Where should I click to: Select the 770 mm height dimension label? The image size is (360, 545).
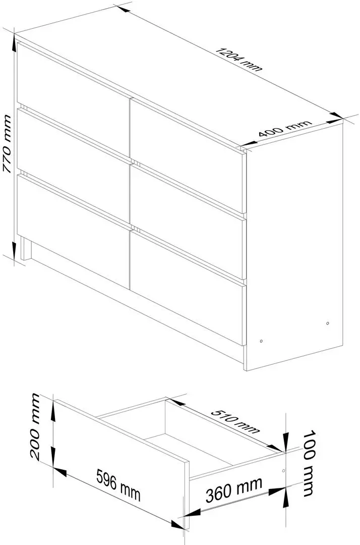[x=8, y=144]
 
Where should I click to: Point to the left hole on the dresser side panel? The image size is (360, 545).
[x=261, y=341]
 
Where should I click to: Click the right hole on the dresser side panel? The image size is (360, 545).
[x=328, y=322]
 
